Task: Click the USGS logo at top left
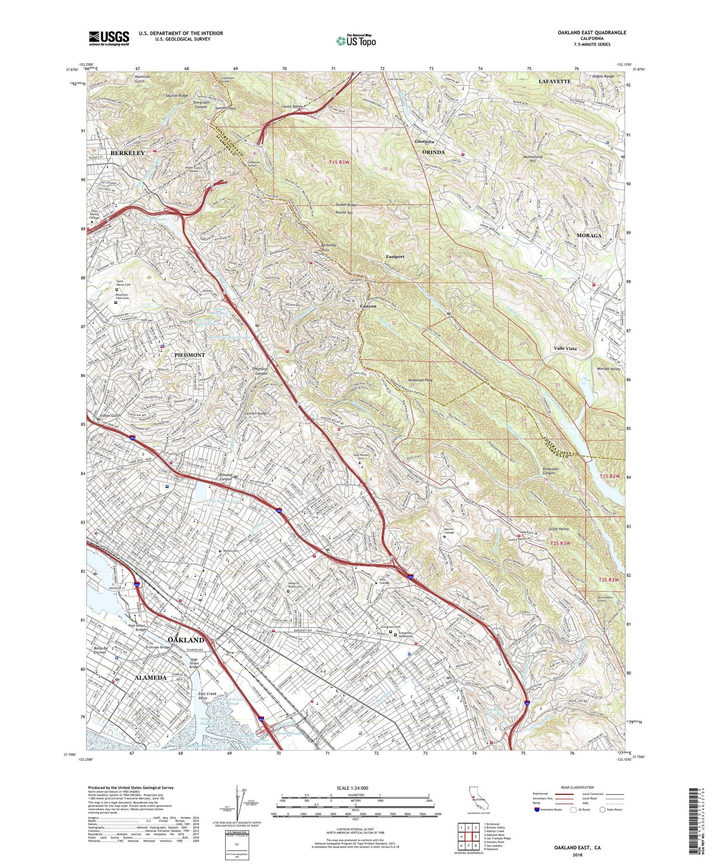pyautogui.click(x=109, y=38)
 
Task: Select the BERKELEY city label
pyautogui.click(x=127, y=153)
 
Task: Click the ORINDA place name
pyautogui.click(x=433, y=152)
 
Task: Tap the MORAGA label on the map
pyautogui.click(x=589, y=236)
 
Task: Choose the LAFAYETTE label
pyautogui.click(x=555, y=82)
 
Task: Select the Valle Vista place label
pyautogui.click(x=565, y=348)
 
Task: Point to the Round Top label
pyautogui.click(x=344, y=212)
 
